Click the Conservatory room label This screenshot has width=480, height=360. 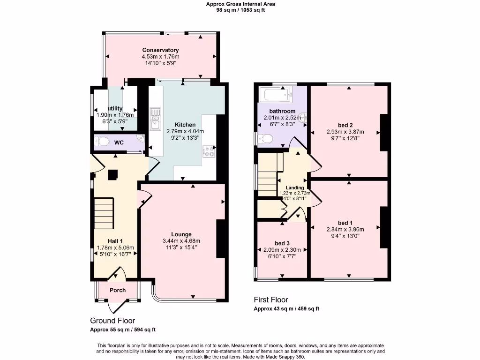pos(160,50)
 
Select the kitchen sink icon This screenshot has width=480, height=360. pos(154,118)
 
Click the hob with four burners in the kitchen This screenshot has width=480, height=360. pos(209,151)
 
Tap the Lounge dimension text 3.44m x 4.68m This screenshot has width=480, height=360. pos(181,241)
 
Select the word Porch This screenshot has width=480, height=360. pos(118,290)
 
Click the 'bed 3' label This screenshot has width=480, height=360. pos(282,243)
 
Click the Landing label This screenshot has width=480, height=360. pos(295,187)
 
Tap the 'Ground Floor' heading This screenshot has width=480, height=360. pos(112,321)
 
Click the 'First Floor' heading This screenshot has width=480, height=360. pos(271,300)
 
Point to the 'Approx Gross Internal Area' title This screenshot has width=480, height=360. pos(240,4)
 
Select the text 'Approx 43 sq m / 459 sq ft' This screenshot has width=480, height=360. pos(286,309)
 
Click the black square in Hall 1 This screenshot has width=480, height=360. pos(113,174)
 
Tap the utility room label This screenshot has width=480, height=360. pos(115,108)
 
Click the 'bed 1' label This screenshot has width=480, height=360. pos(345,223)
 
